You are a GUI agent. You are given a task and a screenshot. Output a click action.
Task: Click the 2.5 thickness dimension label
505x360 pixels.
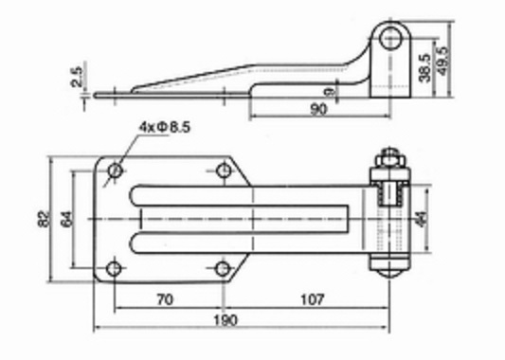[77, 77]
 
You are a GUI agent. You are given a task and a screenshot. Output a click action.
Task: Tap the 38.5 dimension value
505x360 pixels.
[424, 68]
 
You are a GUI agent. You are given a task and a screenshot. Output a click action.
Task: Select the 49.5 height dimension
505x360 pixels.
[442, 62]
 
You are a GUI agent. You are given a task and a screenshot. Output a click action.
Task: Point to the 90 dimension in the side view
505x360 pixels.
[318, 110]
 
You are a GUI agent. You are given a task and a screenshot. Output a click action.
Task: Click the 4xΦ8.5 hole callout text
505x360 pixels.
[165, 127]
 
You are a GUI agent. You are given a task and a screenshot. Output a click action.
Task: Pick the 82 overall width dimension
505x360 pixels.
[44, 219]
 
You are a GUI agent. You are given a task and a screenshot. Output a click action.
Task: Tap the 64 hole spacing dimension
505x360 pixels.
[66, 219]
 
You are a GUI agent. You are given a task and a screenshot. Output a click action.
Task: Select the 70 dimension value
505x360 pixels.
[165, 299]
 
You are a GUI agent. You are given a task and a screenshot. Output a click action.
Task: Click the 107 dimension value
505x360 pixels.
[313, 299]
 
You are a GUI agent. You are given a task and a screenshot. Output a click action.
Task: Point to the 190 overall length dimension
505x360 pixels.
[225, 320]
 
